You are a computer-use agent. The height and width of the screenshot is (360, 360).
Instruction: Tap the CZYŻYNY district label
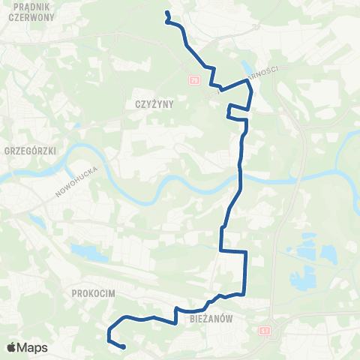pos(155,104)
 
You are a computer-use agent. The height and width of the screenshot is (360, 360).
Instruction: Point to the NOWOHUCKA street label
pos(71,181)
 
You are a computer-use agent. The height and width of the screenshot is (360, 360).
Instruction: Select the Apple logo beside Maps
pos(12,347)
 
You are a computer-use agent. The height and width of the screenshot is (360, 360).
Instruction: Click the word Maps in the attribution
pos(32,347)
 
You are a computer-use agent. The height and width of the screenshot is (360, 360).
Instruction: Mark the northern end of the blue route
pos(166,12)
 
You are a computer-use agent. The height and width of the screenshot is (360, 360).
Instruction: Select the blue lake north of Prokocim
pos(90,253)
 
